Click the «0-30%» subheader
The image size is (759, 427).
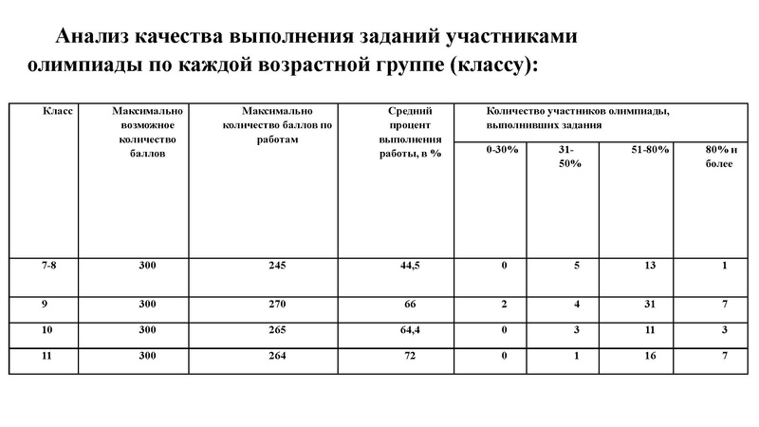tap(502, 150)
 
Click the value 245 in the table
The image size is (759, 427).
tap(277, 266)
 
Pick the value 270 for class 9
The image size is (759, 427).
tap(277, 305)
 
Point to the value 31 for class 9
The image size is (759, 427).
tap(648, 305)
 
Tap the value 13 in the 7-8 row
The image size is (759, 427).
tap(648, 266)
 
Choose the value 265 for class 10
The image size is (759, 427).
tap(277, 330)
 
